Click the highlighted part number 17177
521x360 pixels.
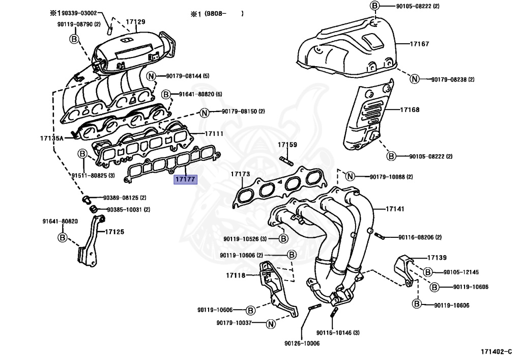(x=184, y=180)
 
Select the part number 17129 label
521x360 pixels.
(x=135, y=21)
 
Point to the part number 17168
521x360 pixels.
(x=410, y=109)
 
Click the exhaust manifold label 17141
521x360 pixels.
(x=395, y=209)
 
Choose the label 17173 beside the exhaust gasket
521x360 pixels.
(x=240, y=174)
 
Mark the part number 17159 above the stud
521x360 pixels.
(x=287, y=145)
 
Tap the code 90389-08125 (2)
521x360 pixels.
(x=125, y=198)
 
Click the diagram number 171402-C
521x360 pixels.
(x=496, y=351)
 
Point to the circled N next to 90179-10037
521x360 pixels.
(x=271, y=323)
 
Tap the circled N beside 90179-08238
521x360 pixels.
(x=415, y=79)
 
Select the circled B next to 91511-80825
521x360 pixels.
(x=82, y=154)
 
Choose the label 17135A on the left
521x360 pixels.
(x=52, y=137)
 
